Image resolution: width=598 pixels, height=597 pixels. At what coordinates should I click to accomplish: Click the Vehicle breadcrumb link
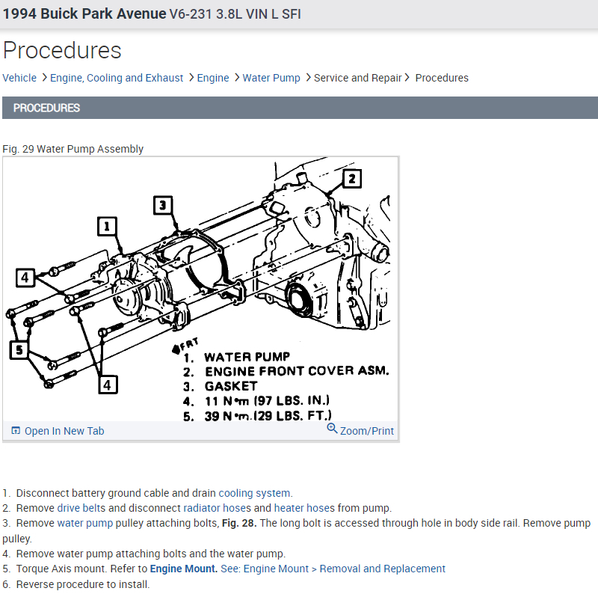[19, 78]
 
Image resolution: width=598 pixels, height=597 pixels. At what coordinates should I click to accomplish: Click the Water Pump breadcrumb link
[271, 78]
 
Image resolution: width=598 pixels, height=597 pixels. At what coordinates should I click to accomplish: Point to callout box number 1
[108, 226]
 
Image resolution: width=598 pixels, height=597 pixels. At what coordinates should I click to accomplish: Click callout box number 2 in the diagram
[351, 178]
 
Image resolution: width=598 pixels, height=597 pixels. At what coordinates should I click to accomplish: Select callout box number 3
[164, 205]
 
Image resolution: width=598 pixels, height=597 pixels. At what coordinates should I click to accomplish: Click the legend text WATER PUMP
[247, 357]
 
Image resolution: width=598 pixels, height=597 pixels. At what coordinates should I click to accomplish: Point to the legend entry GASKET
[230, 386]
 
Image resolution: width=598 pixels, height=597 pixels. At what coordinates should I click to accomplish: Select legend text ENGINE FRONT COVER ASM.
[296, 371]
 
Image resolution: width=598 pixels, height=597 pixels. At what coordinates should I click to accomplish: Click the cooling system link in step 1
[254, 493]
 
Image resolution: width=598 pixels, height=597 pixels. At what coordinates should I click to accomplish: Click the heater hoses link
[304, 508]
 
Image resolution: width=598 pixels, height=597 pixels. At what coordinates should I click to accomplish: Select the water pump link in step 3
[84, 523]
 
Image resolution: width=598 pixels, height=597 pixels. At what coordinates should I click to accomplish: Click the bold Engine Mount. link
[184, 569]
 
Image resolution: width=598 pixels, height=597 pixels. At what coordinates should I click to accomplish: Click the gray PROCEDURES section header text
[46, 108]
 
